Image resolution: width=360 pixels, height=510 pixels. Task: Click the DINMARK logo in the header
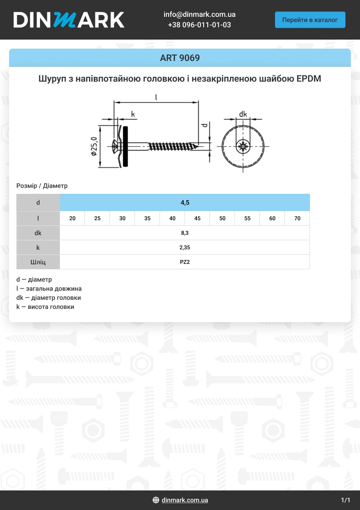point(69,20)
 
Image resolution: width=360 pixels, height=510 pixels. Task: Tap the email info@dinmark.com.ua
point(199,15)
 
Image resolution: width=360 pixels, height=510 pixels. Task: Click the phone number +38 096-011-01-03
point(199,25)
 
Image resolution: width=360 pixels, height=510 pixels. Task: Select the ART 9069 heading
point(180,58)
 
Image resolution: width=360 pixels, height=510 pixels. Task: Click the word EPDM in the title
point(309,79)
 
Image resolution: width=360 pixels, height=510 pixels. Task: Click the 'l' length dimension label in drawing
point(156,96)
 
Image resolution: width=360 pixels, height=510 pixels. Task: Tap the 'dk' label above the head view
point(243,114)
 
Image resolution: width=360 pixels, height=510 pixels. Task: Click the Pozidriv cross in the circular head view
point(243,146)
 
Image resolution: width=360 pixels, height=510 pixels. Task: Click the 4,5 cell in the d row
point(185,202)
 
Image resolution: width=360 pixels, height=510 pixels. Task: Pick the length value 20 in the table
point(72,218)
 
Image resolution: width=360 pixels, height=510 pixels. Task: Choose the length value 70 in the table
point(297,218)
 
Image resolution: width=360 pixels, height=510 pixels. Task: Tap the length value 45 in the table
point(197,218)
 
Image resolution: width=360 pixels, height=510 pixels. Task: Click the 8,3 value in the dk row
point(185,233)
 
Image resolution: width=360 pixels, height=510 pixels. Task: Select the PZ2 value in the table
point(185,262)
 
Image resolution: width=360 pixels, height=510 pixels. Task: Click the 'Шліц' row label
point(38,262)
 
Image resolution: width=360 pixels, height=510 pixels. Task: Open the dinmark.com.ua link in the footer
point(185,500)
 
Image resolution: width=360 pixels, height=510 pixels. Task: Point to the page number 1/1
point(345,500)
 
